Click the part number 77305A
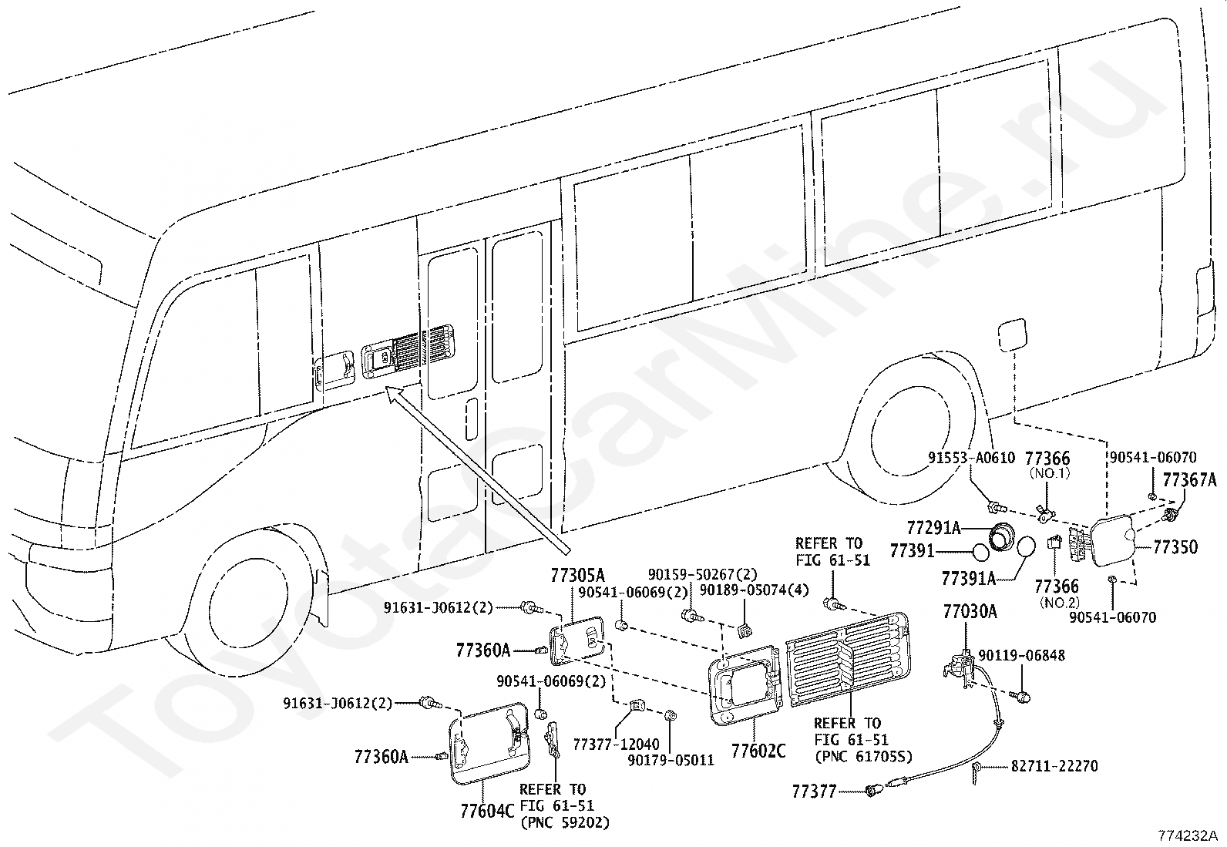click(x=577, y=575)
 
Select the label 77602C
click(x=758, y=750)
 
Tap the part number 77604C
click(x=486, y=812)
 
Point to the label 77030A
click(x=970, y=612)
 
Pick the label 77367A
click(x=1188, y=481)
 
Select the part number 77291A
click(x=933, y=528)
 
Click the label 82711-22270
click(x=1054, y=766)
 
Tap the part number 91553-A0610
click(x=971, y=458)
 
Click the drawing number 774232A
click(x=1187, y=835)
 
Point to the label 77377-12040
click(x=616, y=744)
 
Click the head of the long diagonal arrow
click(x=391, y=394)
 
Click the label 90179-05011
click(x=671, y=760)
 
